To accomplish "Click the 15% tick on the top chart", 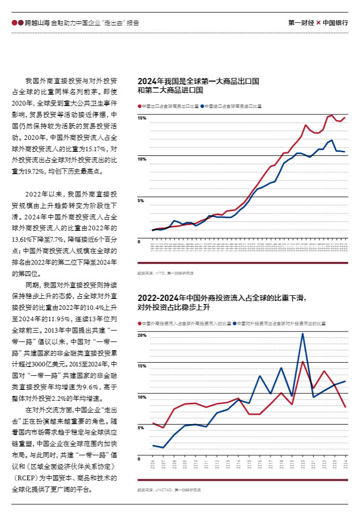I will click(142, 119).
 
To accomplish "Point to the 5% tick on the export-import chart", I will click(141, 200).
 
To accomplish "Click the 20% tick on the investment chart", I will click(142, 335).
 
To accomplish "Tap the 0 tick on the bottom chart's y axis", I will click(139, 459).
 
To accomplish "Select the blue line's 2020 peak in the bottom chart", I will click(302, 333).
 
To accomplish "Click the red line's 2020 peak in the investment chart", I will click(302, 361).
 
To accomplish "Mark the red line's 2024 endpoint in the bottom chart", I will click(345, 407).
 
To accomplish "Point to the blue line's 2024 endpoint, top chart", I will click(345, 152).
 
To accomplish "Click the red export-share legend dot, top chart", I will click(140, 106).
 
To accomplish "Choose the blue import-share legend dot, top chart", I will click(202, 106).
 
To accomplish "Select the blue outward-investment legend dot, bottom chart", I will click(235, 323).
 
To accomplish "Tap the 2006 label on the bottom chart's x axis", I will click(153, 464).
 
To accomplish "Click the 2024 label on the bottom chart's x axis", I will click(345, 464).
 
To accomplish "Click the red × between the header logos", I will click(318, 23).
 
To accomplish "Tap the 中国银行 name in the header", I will click(335, 23).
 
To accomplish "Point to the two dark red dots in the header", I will click(17, 23).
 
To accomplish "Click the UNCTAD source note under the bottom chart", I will click(169, 490).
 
